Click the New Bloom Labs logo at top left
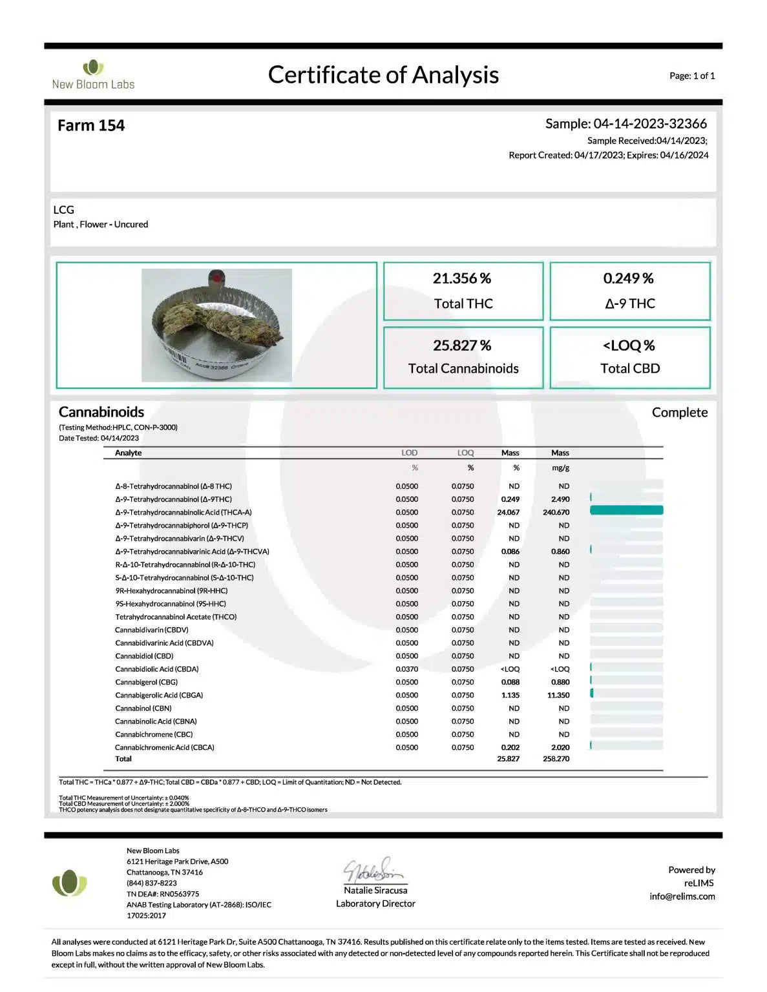(93, 75)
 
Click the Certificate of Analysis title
(383, 75)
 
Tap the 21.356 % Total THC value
(462, 278)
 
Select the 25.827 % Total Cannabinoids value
(462, 346)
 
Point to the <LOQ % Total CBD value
(629, 346)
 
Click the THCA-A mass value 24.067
(508, 512)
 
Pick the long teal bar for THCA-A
(626, 511)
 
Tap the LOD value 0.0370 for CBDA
(406, 669)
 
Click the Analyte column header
(128, 453)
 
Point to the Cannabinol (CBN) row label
(143, 708)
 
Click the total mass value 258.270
(556, 759)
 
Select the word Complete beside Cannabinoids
(679, 413)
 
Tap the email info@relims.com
(682, 896)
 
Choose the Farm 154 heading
(91, 125)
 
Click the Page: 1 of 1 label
(691, 76)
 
